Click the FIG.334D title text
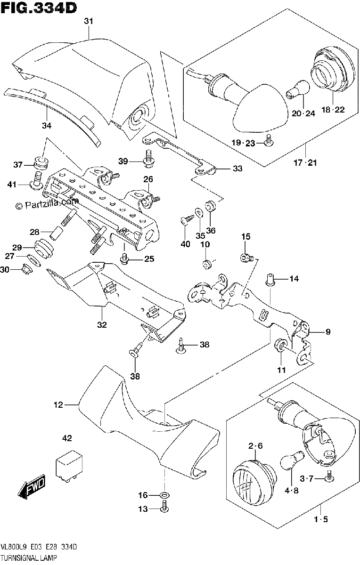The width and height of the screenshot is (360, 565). (x=39, y=8)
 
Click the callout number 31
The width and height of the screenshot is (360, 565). (x=89, y=21)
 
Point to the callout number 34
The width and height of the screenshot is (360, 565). (x=47, y=125)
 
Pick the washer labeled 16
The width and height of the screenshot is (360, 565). (x=164, y=495)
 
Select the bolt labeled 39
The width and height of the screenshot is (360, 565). (x=149, y=159)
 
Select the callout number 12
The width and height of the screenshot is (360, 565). (x=58, y=404)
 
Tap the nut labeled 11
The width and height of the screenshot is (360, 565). (x=280, y=345)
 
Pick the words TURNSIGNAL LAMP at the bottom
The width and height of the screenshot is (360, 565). (x=29, y=557)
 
